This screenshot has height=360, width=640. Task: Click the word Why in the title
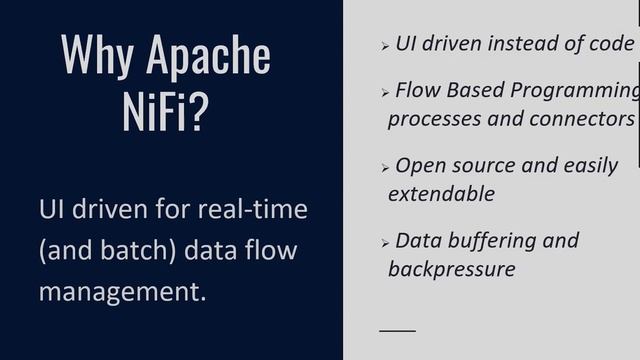pos(96,54)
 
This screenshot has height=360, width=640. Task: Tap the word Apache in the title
pos(208,55)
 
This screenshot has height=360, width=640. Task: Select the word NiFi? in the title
pos(165,112)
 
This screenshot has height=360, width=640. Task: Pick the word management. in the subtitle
pos(122,291)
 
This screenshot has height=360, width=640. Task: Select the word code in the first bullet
pos(611,43)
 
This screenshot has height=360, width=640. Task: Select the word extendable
pos(441,193)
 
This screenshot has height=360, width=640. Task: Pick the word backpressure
pos(451,268)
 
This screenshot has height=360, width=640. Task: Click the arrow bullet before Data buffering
pos(385,243)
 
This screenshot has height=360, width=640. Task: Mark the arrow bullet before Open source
pos(385,168)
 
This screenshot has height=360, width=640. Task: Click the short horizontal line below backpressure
pos(397,329)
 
